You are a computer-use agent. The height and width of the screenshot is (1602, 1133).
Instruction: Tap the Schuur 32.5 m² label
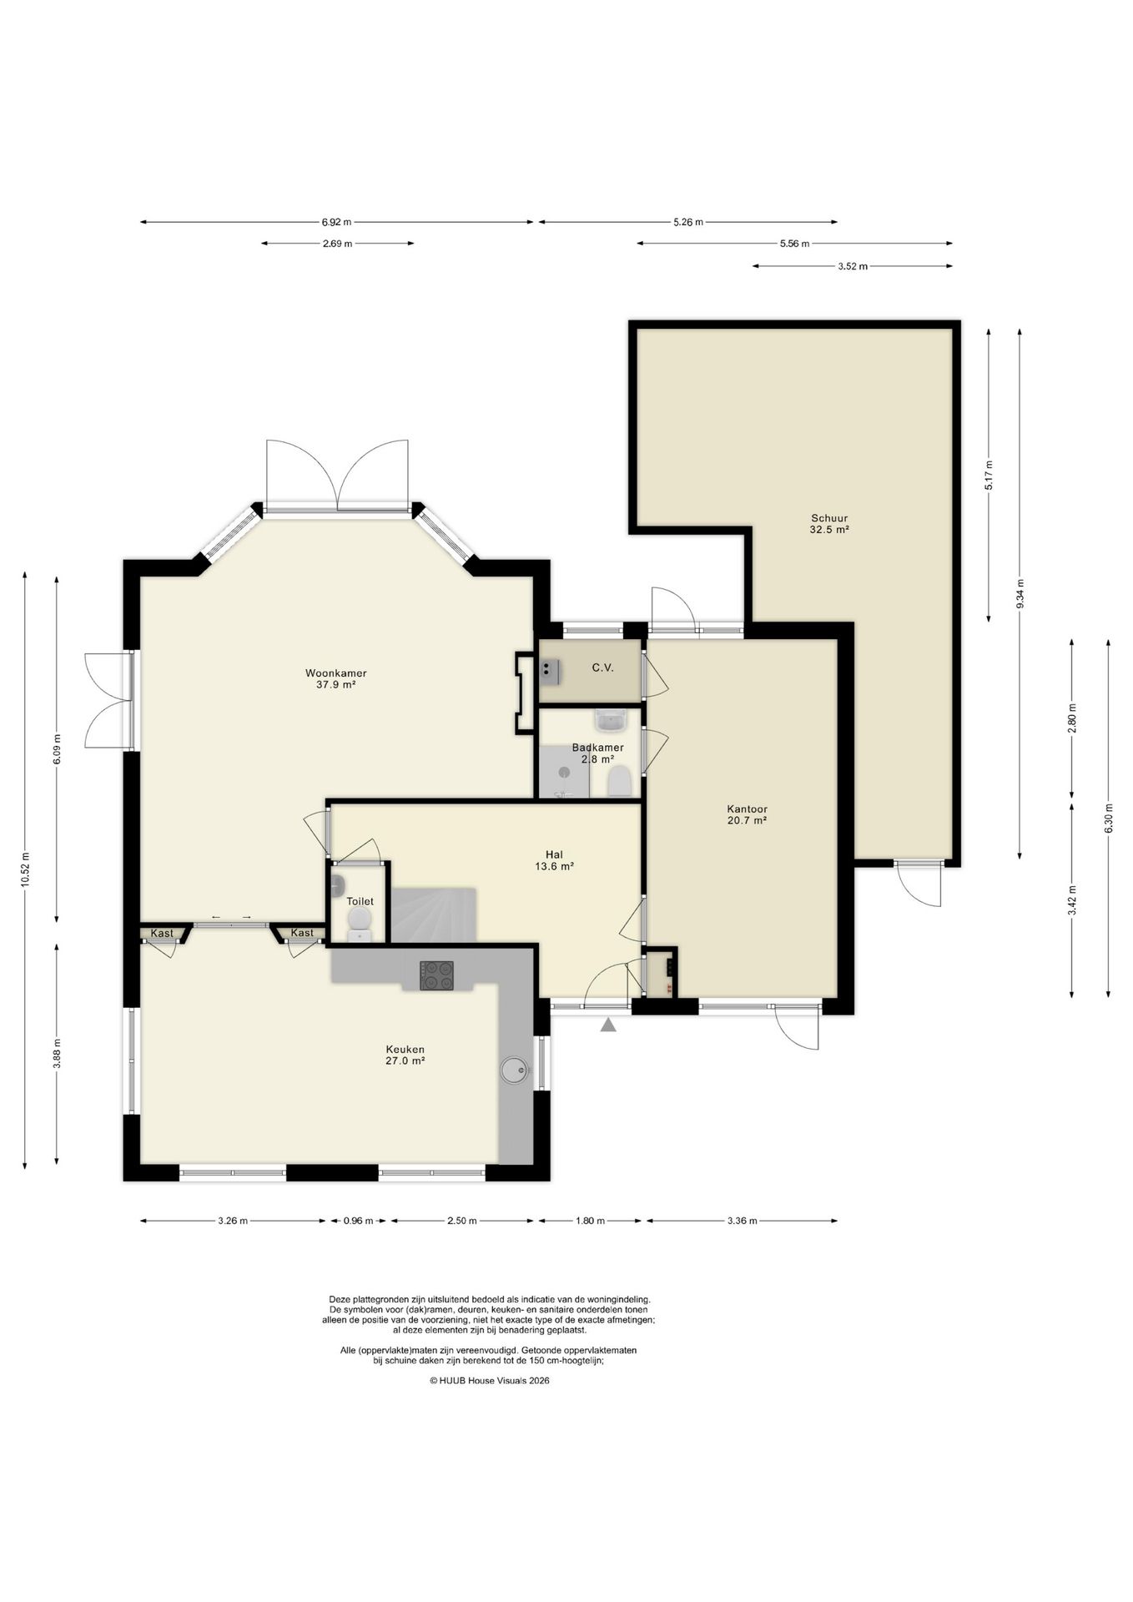pos(828,523)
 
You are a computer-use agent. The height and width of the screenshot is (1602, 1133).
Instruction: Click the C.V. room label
pos(603,667)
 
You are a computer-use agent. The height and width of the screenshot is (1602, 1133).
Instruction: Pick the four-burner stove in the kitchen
pos(437,975)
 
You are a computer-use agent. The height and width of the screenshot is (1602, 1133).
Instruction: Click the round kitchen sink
pos(513,1070)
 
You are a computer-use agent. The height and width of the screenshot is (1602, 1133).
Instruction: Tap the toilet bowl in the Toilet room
pos(360,921)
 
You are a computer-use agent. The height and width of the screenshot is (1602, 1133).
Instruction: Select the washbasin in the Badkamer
pos(611,718)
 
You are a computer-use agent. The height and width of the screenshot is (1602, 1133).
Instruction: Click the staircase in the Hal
pos(434,915)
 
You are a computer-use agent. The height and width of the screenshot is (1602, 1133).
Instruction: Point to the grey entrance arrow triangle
pos(609,1025)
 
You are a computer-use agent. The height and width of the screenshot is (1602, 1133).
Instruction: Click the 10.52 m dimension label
pos(26,871)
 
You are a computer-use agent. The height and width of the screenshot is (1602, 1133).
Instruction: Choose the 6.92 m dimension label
pos(336,222)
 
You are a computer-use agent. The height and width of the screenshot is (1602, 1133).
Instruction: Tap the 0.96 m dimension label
pos(358,1221)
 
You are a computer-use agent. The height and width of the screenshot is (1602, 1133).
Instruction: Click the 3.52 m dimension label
pos(852,266)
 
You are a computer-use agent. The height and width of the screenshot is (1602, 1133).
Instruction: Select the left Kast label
pos(162,933)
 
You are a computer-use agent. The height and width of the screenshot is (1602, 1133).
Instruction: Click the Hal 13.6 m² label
pos(554,860)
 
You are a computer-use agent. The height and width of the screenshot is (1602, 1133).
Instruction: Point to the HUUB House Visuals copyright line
pos(490,1381)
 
